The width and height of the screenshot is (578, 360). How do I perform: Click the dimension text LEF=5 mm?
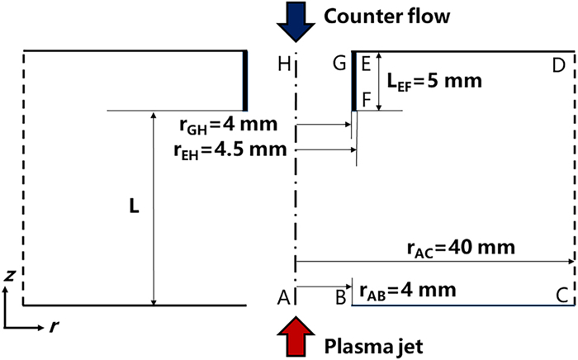(x=433, y=81)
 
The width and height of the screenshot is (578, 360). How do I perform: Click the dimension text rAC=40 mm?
(x=461, y=247)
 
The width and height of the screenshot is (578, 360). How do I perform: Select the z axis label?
(x=9, y=277)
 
